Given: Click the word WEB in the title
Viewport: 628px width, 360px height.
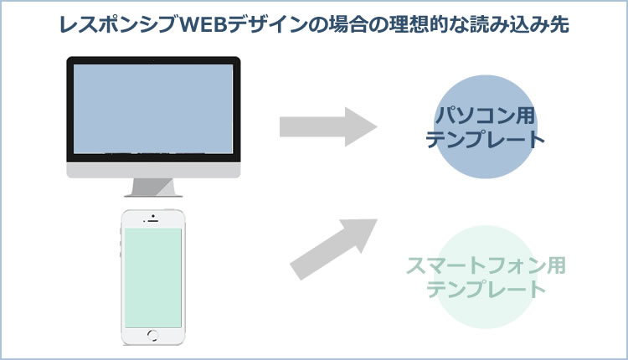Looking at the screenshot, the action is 203,25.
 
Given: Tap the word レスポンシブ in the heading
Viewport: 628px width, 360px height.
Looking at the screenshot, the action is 118,25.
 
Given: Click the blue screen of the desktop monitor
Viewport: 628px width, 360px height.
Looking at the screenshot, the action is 153,109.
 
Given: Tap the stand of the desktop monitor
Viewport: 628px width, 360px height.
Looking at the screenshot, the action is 153,188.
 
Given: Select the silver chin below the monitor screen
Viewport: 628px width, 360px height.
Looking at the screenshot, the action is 153,170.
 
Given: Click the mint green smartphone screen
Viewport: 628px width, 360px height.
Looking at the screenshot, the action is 153,278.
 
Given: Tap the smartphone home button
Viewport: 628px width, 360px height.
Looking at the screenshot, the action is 152,335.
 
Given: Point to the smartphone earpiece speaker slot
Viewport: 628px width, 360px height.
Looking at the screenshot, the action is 152,221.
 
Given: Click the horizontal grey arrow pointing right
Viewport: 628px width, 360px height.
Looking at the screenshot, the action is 328,127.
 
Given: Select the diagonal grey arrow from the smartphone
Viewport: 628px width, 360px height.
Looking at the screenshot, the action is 333,249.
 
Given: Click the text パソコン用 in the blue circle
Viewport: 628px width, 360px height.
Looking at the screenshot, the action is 485,115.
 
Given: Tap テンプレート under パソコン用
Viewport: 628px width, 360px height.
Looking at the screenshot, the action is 485,139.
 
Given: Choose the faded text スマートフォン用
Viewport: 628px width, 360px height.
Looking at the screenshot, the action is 486,265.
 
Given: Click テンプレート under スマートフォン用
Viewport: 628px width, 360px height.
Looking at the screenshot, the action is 486,289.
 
